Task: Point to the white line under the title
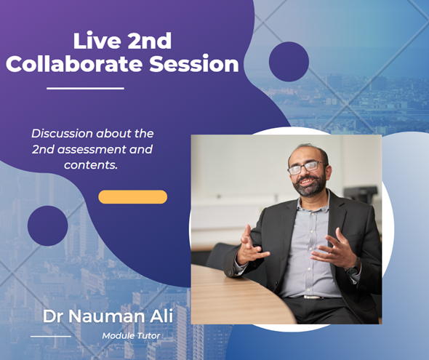[85, 89]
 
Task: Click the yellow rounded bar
[132, 197]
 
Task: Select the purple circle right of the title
[289, 62]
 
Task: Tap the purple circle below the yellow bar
[47, 225]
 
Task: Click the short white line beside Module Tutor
[50, 336]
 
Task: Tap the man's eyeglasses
[305, 168]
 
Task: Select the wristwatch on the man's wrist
[353, 270]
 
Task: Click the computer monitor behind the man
[361, 194]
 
